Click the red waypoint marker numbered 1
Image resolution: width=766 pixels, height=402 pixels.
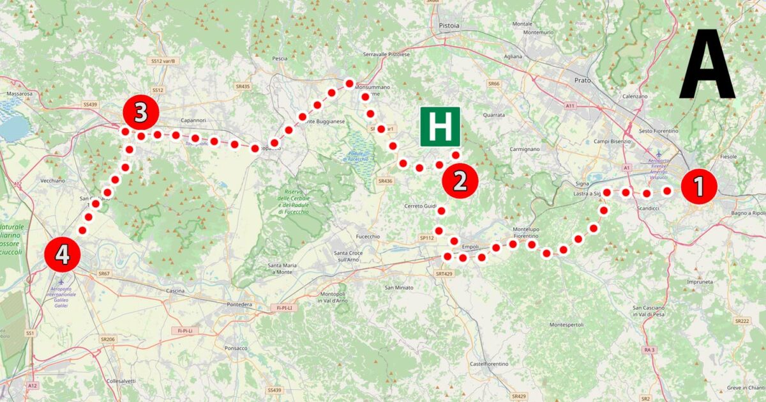click(699, 187)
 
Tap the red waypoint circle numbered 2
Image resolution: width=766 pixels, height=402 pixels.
click(460, 181)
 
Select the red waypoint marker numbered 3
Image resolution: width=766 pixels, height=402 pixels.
click(141, 113)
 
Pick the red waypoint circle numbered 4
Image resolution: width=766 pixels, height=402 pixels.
click(62, 255)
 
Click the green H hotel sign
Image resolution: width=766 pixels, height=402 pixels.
click(440, 127)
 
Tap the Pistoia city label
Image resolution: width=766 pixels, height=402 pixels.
click(449, 26)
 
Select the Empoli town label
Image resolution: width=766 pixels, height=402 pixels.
click(469, 247)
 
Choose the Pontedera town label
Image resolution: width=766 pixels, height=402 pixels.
click(241, 305)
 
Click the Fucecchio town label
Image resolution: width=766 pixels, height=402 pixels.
click(368, 236)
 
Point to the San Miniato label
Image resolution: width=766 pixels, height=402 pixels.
click(398, 288)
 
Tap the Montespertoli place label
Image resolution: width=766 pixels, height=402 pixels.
click(566, 325)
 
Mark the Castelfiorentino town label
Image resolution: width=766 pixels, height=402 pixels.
click(489, 364)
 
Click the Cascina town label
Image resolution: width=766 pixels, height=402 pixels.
click(174, 291)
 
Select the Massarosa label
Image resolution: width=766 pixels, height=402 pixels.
click(19, 93)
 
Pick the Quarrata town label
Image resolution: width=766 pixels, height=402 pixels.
click(494, 115)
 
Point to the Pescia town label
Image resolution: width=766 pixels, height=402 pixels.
click(280, 58)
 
